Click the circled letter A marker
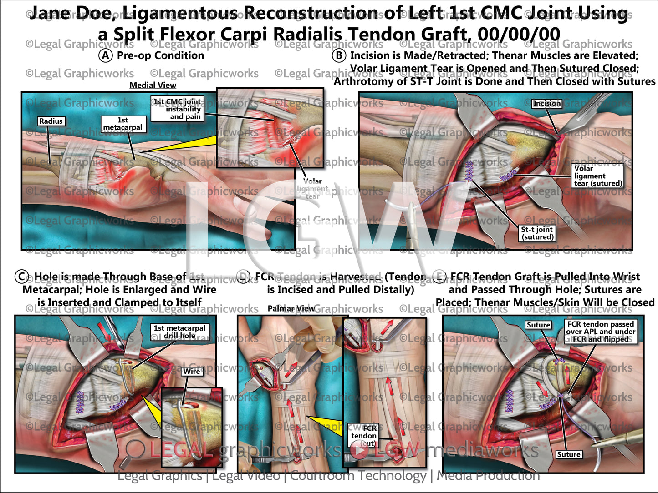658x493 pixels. coord(105,55)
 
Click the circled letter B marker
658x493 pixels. coord(339,55)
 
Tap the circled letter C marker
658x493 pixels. coord(21,277)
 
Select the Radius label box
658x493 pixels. coord(51,121)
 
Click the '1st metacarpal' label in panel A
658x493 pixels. coord(122,124)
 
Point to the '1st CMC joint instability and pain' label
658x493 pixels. coord(178,109)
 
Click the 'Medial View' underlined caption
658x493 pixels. coord(153,85)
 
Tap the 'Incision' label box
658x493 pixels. coord(547,103)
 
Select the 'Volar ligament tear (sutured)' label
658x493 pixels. coord(598,176)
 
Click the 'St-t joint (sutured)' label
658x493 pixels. coord(537,233)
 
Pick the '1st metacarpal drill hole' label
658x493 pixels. coord(179,332)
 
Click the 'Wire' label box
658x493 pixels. coord(192,371)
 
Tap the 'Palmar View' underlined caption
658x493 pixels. coord(291,308)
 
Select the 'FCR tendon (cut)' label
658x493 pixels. coord(364,435)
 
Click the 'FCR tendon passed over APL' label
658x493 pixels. coord(600,331)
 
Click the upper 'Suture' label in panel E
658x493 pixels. coord(538,325)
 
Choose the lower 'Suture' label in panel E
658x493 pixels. coord(569,454)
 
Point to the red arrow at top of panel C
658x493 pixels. coord(104,332)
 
